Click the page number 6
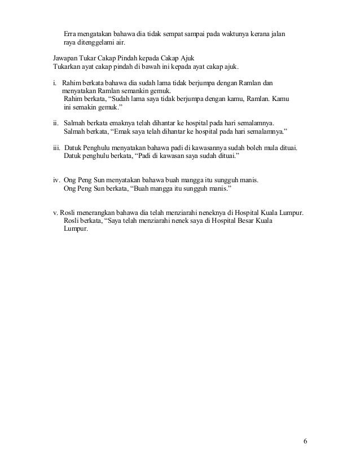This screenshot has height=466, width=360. click(x=305, y=441)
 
